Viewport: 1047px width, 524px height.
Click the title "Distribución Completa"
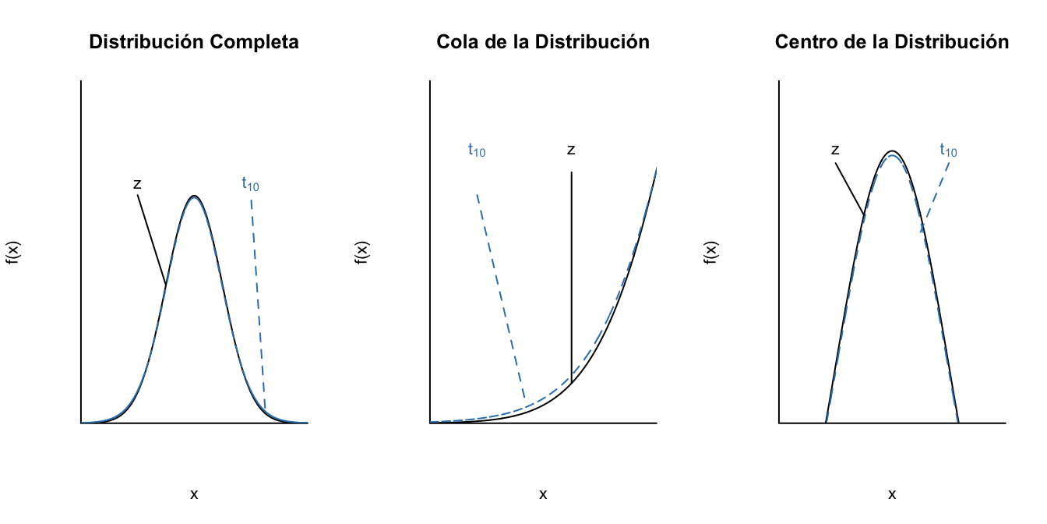click(x=194, y=42)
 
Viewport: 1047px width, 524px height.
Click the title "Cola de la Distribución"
click(x=543, y=42)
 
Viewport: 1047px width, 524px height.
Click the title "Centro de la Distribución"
click(x=892, y=42)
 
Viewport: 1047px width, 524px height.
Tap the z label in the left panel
click(x=137, y=185)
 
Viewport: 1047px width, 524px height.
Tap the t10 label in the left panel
click(x=250, y=184)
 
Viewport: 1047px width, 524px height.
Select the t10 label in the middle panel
click(x=476, y=150)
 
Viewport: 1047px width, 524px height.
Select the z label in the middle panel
click(x=571, y=150)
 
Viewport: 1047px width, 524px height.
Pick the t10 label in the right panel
click(x=948, y=150)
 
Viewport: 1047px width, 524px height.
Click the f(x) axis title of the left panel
click(x=13, y=253)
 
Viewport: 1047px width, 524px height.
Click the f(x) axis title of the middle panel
click(x=362, y=253)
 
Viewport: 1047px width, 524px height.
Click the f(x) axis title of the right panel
click(x=711, y=253)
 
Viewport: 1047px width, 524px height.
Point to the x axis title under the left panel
click(x=194, y=494)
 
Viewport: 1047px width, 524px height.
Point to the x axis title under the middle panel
click(x=543, y=494)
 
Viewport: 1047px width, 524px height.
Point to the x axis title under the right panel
click(x=892, y=494)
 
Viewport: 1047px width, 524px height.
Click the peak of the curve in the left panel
click(x=194, y=196)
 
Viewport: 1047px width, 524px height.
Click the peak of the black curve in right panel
click(x=892, y=151)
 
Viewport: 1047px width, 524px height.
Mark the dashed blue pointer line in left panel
click(x=258, y=304)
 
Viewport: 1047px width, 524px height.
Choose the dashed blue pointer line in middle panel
click(x=500, y=296)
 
